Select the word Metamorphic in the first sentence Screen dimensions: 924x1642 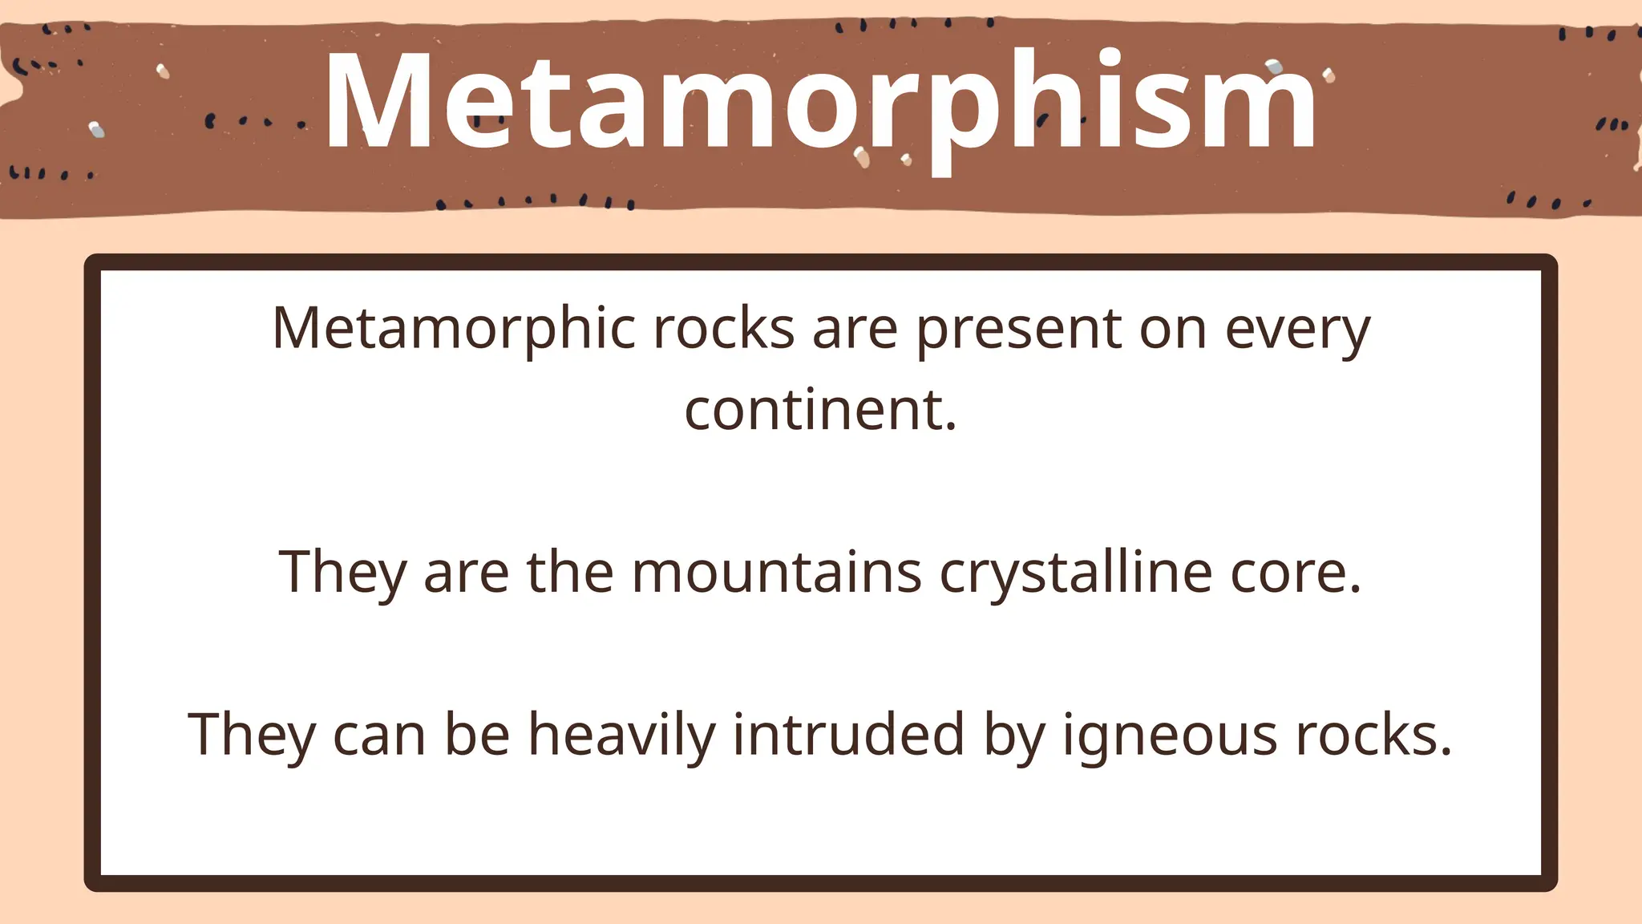tap(453, 329)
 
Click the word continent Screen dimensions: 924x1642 tap(819, 410)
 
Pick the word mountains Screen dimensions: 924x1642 tap(776, 573)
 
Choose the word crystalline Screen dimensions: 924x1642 tap(1075, 573)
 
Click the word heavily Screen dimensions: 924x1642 tap(621, 736)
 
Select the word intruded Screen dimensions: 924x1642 tap(848, 734)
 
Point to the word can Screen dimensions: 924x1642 tap(379, 736)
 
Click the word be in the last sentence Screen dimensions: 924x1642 tap(477, 734)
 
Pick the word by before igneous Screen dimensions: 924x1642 tap(1014, 736)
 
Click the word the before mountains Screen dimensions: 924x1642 tap(569, 573)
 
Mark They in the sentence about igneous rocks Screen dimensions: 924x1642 tap(251, 736)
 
